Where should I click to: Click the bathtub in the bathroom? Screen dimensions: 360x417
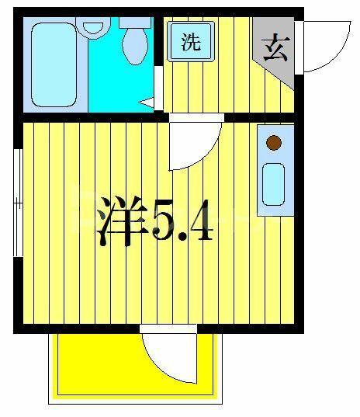coord(54,64)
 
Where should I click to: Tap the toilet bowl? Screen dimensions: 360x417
coord(135,46)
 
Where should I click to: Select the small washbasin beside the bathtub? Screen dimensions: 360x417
coord(93,28)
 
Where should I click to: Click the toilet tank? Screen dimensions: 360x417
coord(135,23)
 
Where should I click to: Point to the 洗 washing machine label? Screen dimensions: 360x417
coord(191,42)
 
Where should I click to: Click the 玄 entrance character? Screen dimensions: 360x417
coord(275,47)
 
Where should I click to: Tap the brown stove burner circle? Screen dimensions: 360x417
coord(274,143)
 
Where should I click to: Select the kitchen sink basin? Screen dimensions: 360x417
coord(273,184)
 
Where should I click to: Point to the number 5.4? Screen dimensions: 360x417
coord(182,221)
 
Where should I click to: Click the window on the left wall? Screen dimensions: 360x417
coord(18,203)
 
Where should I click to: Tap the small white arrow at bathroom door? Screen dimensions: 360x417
coord(146,103)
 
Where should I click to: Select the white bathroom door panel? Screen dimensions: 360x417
coord(158,88)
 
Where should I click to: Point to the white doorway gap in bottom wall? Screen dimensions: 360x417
coord(168,328)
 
